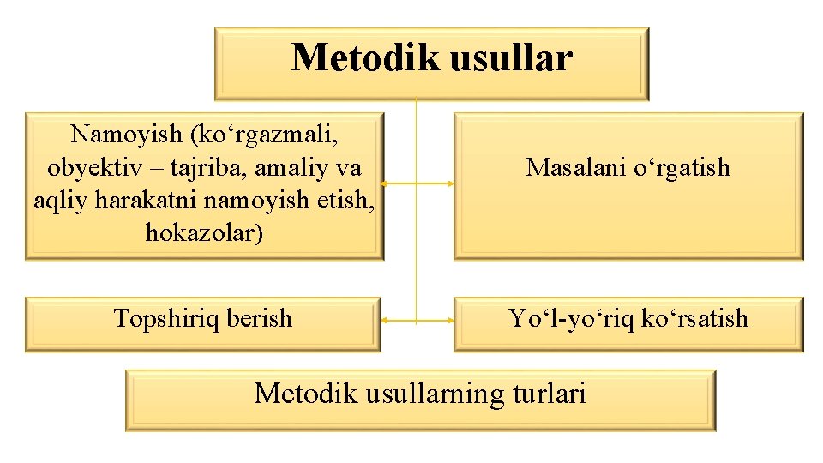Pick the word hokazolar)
tap(204, 232)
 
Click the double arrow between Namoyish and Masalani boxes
tap(418, 183)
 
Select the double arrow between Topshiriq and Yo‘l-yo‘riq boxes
tap(418, 320)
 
